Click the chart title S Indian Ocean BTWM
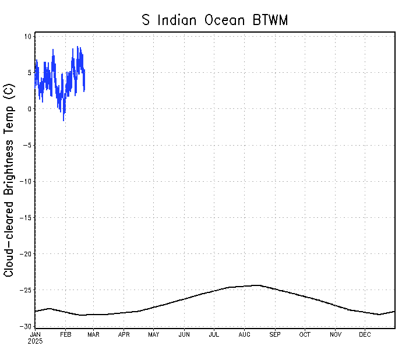pos(215,20)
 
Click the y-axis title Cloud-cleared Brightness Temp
pos(9,180)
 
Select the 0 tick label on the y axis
pos(29,109)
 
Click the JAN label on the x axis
pos(35,334)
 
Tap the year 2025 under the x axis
pos(35,341)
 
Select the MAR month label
pos(93,334)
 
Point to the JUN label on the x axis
pos(184,334)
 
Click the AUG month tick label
pos(245,334)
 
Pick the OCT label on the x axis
pos(305,334)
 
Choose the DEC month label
pos(365,334)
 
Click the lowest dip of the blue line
pos(64,120)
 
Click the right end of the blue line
pos(84,91)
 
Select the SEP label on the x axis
pos(274,334)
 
